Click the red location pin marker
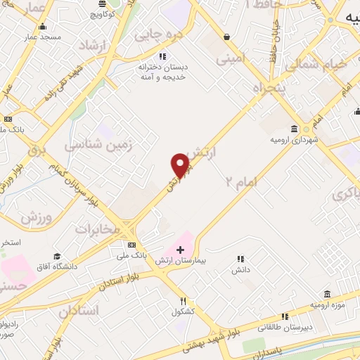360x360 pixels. click(180, 166)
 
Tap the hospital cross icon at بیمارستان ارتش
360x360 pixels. click(181, 249)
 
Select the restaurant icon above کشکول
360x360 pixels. click(182, 300)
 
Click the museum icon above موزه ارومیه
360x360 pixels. click(327, 294)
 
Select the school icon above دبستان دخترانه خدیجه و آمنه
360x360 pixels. click(162, 56)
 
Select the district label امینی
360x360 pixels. click(233, 60)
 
